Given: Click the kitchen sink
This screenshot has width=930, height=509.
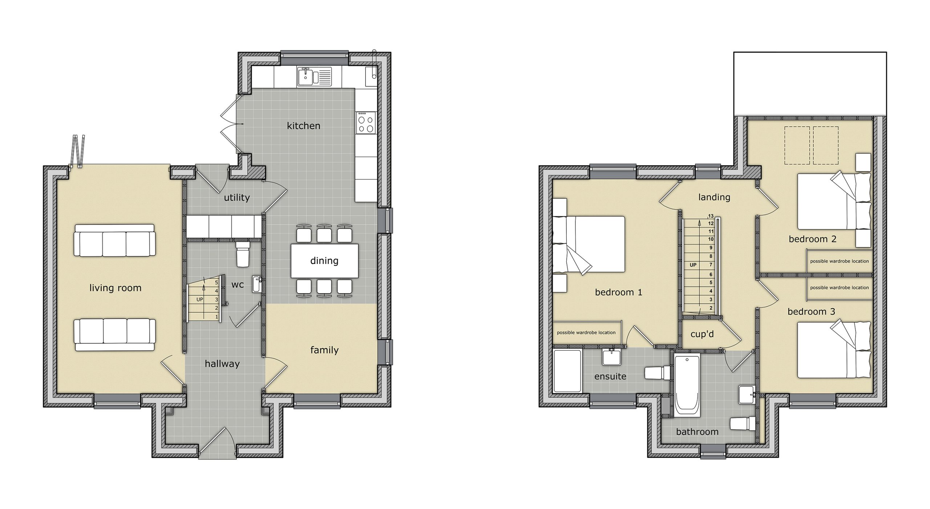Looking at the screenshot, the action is tap(315, 77).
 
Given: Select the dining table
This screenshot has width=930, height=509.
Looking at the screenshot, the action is tap(324, 261).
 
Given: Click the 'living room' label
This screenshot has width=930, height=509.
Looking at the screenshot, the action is tap(116, 288).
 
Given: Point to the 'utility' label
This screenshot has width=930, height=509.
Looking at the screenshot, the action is tap(237, 198).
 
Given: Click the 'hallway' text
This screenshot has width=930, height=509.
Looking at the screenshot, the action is tap(222, 364).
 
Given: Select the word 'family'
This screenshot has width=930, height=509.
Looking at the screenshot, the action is tap(324, 350).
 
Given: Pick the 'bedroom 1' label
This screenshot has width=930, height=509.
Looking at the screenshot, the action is tap(618, 292).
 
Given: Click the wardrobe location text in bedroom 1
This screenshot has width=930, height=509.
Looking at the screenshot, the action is tap(586, 333).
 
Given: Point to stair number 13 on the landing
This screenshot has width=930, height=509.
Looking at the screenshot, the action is tap(711, 216).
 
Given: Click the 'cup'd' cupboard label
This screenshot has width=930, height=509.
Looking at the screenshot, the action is tap(702, 334).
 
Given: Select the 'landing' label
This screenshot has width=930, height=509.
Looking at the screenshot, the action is tap(714, 197).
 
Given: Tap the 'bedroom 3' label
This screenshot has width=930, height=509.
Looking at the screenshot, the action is tap(811, 312).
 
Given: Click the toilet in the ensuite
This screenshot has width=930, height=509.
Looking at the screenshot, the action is tap(657, 373).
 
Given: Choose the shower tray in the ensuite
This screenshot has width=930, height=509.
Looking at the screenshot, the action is tap(567, 371).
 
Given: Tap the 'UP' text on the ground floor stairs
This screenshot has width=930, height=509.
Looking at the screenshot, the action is tap(200, 300).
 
